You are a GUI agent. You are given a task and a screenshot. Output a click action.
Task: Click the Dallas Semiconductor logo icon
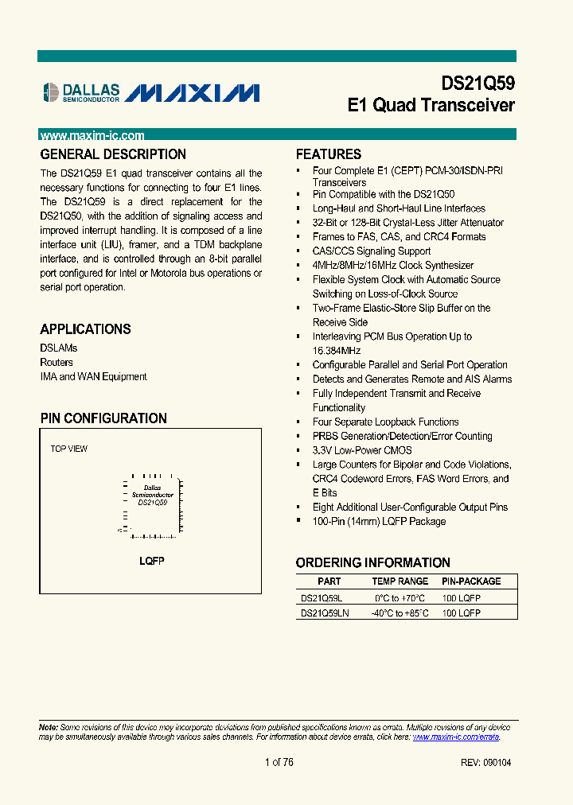coord(49,93)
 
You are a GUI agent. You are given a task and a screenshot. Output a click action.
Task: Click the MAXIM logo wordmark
coord(193,93)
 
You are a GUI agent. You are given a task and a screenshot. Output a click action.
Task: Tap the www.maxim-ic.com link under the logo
coord(92,136)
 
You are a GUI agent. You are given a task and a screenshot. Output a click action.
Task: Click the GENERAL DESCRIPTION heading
coord(113,154)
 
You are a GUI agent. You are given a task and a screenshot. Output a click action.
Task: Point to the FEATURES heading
coord(329,154)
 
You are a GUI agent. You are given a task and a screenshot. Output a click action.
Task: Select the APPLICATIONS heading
coord(85,329)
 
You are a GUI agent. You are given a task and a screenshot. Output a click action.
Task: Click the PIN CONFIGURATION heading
coord(103,418)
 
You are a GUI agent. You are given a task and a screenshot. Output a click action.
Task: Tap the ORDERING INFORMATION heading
coord(372,562)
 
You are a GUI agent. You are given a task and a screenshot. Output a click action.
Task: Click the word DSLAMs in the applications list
coord(59,348)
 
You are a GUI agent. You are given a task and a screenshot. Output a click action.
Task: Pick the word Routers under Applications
coord(57,363)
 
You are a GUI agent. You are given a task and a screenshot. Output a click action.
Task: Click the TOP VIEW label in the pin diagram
coord(69,449)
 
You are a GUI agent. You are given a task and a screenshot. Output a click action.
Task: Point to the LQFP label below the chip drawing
coord(152,561)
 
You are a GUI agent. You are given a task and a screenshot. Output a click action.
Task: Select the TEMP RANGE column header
coord(400,581)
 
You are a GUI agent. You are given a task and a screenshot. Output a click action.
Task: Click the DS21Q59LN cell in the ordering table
coord(325,613)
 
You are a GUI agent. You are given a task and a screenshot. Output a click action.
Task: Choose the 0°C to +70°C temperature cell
coord(400,597)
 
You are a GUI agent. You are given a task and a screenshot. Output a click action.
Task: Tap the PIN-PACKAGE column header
coord(472,581)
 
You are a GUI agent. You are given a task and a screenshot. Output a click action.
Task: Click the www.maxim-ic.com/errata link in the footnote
coord(456,737)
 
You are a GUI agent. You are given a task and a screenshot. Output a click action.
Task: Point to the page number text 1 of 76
coord(279,763)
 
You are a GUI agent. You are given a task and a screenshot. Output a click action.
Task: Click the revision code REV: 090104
coord(485,763)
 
